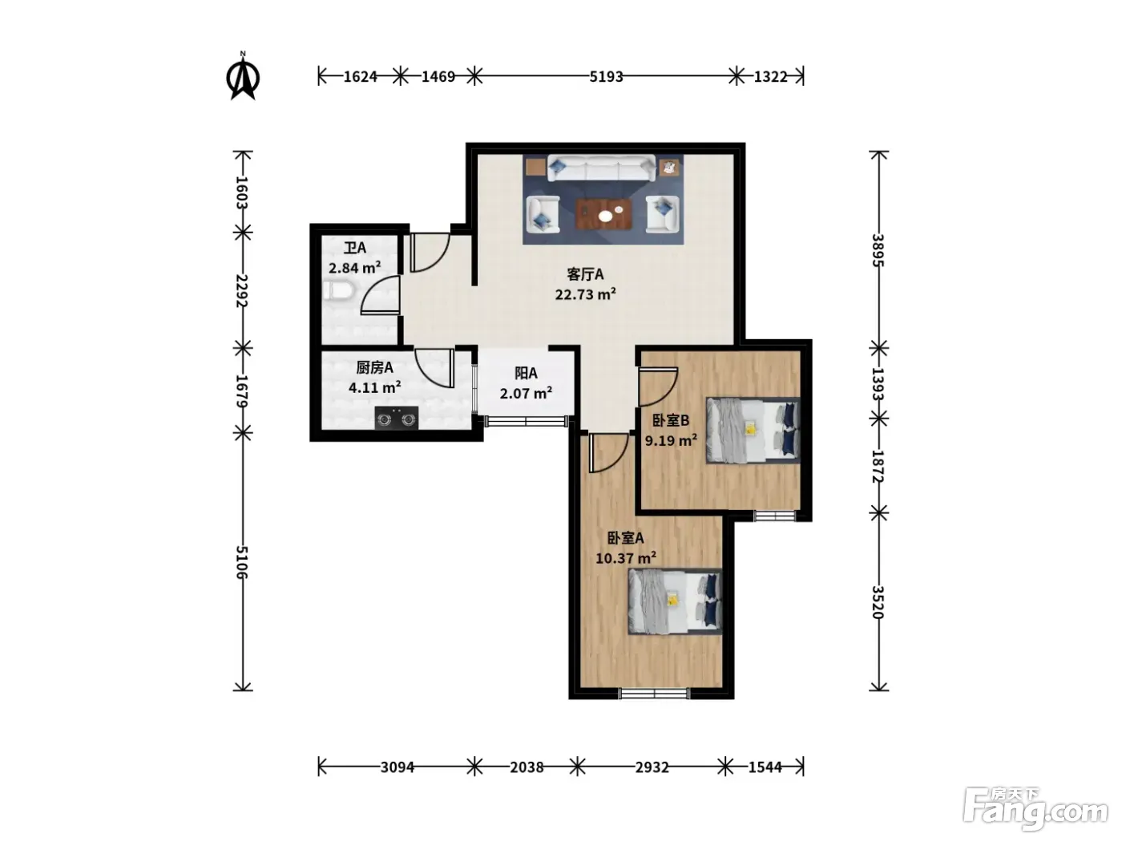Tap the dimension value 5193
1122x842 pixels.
point(606,77)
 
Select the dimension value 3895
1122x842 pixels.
point(878,250)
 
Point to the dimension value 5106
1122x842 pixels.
point(242,562)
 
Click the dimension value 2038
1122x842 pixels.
point(527,767)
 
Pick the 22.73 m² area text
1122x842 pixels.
point(585,294)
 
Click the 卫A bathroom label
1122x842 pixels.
point(355,248)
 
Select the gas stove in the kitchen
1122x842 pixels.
point(397,418)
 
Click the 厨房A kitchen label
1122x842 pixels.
point(375,367)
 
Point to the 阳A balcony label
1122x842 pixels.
point(526,373)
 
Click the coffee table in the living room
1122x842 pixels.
point(603,214)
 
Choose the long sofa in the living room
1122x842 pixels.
point(601,168)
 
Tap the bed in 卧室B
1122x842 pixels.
point(753,431)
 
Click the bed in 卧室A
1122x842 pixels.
point(675,601)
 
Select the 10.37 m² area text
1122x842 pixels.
point(626,558)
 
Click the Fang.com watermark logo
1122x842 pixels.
point(1036,811)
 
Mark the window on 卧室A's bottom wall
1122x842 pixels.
point(654,693)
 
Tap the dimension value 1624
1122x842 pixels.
point(360,77)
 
